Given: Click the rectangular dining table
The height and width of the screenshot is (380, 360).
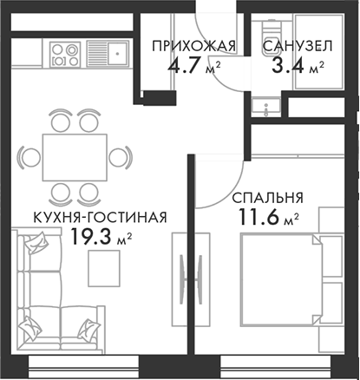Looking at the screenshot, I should click(x=75, y=157).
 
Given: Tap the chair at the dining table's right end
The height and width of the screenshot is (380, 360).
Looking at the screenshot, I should click(x=122, y=157).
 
